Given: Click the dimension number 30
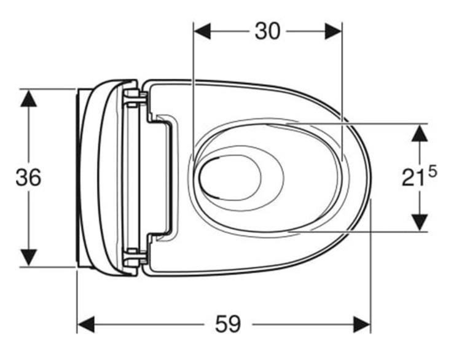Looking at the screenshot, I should click(267, 31).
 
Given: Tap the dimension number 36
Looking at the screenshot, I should click(28, 178).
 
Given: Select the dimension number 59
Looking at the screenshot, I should click(228, 324).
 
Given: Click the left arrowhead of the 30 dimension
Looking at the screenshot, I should click(202, 31).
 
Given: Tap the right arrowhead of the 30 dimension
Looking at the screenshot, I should click(333, 31).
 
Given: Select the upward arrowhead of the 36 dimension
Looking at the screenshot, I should click(28, 98).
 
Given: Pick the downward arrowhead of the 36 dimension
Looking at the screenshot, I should click(28, 258).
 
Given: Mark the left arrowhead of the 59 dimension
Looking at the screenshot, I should click(85, 324).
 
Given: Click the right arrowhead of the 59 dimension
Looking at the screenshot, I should click(362, 324).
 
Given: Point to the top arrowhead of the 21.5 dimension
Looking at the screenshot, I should click(420, 133).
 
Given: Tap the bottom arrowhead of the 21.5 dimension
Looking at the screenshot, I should click(420, 222).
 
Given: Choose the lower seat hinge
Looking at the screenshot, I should click(135, 257).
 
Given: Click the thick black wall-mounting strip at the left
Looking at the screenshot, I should click(79, 178).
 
